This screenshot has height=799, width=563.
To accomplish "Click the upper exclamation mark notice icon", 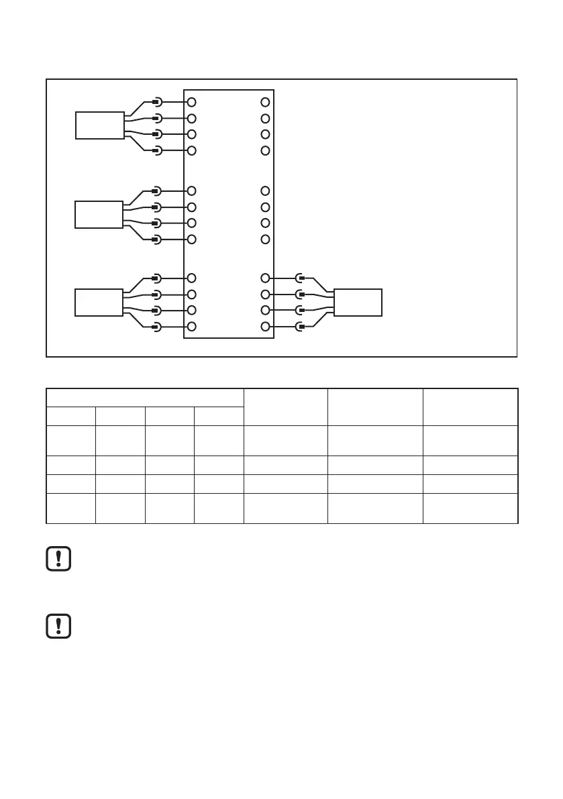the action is coord(59,560).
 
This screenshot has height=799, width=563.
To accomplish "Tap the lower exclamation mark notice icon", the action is coord(59,625).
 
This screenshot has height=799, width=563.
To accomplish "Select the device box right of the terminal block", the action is coord(358,302).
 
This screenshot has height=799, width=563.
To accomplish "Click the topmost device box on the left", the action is coord(99,125).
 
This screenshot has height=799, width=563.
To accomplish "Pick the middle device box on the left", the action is coord(99,215).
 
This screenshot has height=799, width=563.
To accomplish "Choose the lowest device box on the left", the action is coord(99,302).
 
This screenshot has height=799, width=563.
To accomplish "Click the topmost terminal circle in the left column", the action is coord(191,102).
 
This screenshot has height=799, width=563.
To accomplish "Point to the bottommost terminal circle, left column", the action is coord(191,327).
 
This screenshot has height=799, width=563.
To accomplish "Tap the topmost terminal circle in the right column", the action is coord(265,102).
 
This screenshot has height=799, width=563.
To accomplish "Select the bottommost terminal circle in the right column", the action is coord(265,327).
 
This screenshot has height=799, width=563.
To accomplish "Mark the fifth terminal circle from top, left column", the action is coord(191,191).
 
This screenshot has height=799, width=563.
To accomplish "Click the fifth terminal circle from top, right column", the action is coord(265,191).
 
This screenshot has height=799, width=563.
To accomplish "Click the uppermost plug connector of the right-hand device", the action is coord(301,278).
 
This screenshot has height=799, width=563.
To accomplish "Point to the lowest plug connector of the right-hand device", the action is coord(301,327).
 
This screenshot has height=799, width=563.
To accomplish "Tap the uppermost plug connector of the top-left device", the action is coord(156,102).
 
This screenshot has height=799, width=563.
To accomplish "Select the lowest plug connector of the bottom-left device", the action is coord(156,327).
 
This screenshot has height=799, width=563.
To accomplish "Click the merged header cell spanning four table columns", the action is coord(144,397).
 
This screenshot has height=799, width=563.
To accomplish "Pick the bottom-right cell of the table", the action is coord(470,508).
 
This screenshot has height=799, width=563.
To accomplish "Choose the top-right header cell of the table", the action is coord(470,406).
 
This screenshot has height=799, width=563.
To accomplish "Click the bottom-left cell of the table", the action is coord(70,508).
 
